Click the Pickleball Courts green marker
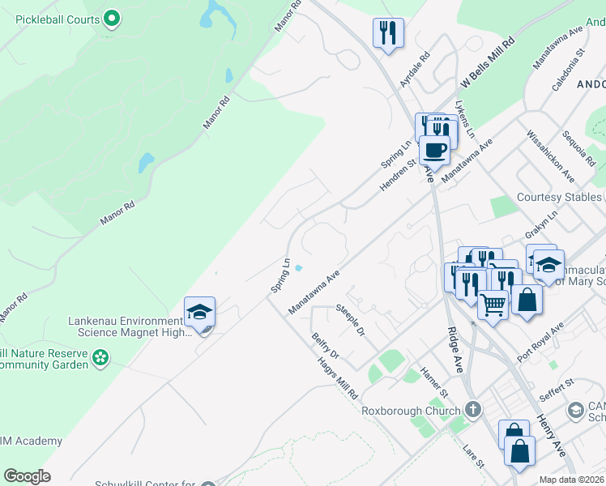[112, 18]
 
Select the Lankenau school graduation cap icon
[199, 312]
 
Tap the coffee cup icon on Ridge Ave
[435, 150]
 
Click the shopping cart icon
[493, 306]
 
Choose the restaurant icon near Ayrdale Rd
[388, 33]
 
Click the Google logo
[27, 476]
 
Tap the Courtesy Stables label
[559, 198]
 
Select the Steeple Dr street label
[351, 321]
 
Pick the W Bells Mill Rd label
[488, 62]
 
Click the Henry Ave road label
[552, 435]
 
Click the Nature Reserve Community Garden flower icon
[100, 357]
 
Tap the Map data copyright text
[570, 480]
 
